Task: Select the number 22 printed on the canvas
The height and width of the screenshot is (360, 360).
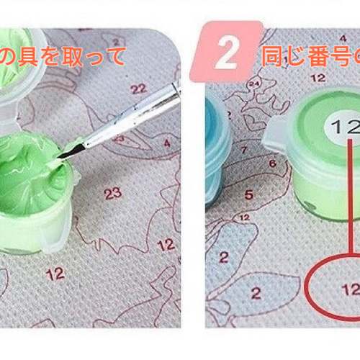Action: click(x=139, y=88)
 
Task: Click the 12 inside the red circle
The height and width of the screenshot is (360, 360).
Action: click(x=351, y=289)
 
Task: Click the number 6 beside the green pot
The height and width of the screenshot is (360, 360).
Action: click(x=271, y=163)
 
